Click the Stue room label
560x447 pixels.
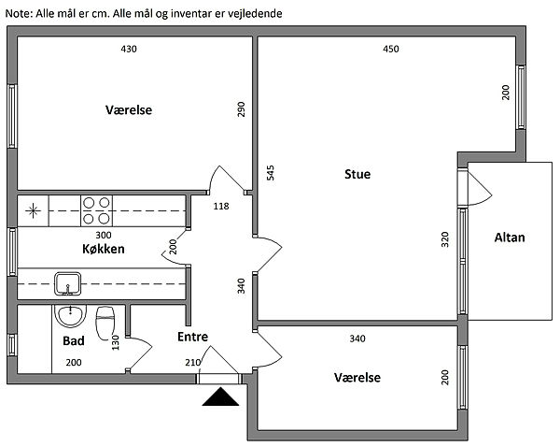pyautogui.click(x=357, y=174)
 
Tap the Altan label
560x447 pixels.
pyautogui.click(x=510, y=238)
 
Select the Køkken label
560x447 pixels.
pyautogui.click(x=103, y=250)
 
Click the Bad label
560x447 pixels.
pyautogui.click(x=74, y=341)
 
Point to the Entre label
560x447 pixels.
pyautogui.click(x=192, y=337)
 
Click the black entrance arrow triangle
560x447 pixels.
pyautogui.click(x=221, y=398)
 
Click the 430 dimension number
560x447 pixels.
pyautogui.click(x=129, y=50)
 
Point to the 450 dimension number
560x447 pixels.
pyautogui.click(x=391, y=50)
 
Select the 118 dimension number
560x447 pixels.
pyautogui.click(x=221, y=206)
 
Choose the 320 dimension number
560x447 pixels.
pyautogui.click(x=446, y=238)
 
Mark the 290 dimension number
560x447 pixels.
pyautogui.click(x=241, y=109)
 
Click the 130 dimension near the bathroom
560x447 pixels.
pyautogui.click(x=116, y=343)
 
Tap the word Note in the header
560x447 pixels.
pyautogui.click(x=20, y=14)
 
